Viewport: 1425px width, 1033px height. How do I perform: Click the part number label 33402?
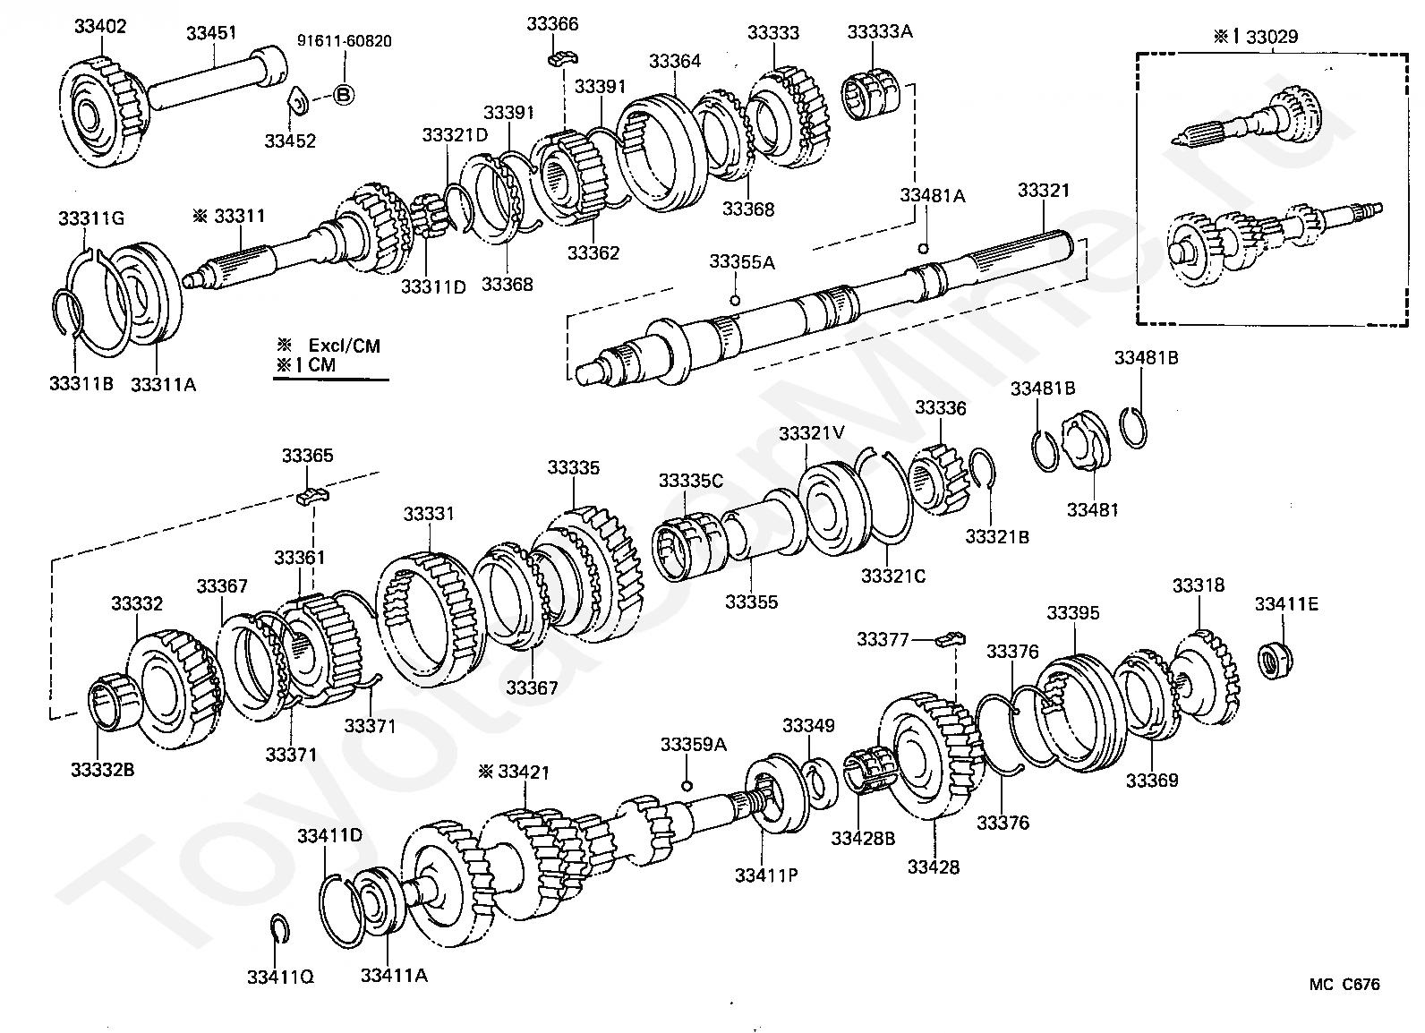(100, 27)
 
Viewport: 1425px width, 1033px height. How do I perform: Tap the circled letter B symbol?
(344, 96)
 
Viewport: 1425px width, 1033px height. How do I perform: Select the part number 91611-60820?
(344, 41)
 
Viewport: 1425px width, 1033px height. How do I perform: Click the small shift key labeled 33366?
(562, 58)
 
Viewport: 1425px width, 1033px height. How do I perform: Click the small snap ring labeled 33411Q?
(279, 928)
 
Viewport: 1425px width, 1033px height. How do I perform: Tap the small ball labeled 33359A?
(687, 786)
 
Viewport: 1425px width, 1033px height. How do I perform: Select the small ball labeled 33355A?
(735, 300)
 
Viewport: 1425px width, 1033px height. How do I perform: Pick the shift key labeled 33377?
(951, 638)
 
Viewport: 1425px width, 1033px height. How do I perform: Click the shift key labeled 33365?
(312, 496)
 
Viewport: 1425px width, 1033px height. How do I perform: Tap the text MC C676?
(1344, 985)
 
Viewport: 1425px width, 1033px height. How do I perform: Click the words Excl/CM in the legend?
(344, 346)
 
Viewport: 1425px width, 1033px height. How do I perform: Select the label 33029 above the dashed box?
(1272, 37)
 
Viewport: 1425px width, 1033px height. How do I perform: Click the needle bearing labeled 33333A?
(871, 98)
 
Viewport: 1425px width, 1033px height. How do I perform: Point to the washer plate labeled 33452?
(298, 102)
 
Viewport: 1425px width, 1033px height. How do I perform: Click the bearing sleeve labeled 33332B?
(115, 703)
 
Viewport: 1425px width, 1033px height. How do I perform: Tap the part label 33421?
(523, 773)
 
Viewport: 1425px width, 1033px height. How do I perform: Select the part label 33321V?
(812, 434)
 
